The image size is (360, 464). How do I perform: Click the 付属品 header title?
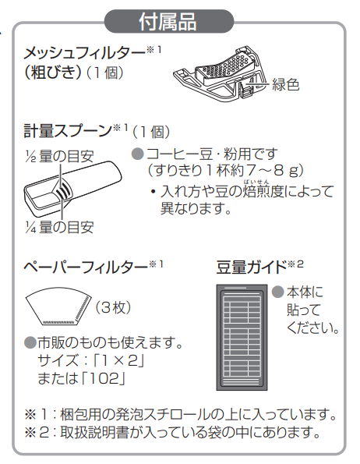click(168, 21)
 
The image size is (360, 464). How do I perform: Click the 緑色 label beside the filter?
click(285, 85)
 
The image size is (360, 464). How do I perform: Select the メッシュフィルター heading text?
click(85, 54)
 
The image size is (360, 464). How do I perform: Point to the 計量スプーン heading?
click(68, 130)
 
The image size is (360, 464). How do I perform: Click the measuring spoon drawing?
click(72, 185)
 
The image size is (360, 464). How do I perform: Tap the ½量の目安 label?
click(59, 156)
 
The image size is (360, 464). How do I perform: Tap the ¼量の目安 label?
click(59, 227)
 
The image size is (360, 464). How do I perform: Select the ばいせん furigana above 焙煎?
click(256, 182)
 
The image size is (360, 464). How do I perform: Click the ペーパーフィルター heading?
click(86, 267)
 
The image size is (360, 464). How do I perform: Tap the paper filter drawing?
click(58, 306)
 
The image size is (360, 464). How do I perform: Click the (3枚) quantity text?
click(113, 308)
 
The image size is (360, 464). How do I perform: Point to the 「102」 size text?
click(103, 378)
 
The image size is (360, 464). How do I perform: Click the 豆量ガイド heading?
click(252, 267)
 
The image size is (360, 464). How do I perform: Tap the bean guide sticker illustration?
click(242, 338)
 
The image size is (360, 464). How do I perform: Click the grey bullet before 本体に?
click(277, 292)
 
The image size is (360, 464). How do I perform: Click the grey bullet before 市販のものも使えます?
click(30, 342)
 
